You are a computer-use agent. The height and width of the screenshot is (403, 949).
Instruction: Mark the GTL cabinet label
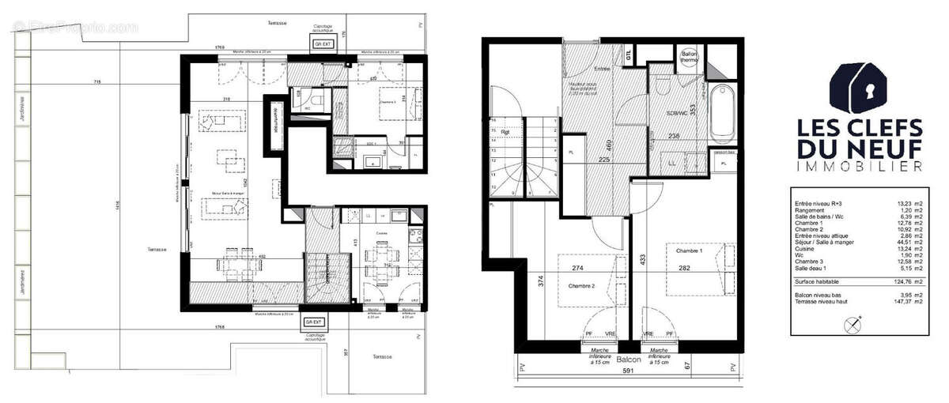click(x=629, y=57)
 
